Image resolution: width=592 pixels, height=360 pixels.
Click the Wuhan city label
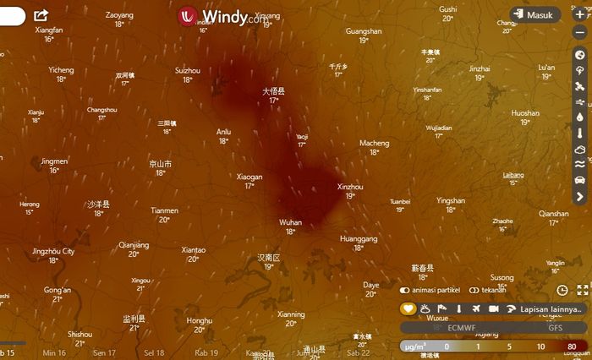click(x=290, y=222)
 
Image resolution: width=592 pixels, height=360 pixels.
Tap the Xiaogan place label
click(x=249, y=177)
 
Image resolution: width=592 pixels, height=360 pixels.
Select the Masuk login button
click(x=535, y=15)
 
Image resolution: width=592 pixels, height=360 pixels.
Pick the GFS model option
click(x=555, y=328)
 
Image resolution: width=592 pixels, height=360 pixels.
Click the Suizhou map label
click(x=187, y=70)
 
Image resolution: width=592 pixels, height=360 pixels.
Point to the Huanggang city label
click(x=359, y=239)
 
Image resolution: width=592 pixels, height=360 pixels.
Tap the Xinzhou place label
click(x=350, y=186)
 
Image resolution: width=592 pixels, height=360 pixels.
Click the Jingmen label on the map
click(x=54, y=161)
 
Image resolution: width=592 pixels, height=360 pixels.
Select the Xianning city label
click(x=291, y=314)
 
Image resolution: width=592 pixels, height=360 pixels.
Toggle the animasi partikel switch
click(x=404, y=290)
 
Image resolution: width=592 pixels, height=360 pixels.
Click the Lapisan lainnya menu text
click(x=552, y=309)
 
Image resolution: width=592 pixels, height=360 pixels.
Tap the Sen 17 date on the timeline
click(x=105, y=352)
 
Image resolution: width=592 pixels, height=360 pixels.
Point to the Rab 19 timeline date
click(x=206, y=352)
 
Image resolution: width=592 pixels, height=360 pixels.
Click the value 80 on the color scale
click(x=573, y=346)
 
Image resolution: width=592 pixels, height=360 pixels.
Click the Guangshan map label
click(x=364, y=31)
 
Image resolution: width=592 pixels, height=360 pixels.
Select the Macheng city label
click(x=374, y=143)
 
